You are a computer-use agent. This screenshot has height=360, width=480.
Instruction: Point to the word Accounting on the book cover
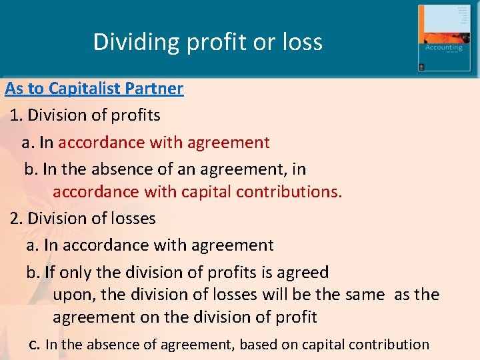444,48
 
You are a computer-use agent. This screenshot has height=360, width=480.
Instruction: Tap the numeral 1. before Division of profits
17,115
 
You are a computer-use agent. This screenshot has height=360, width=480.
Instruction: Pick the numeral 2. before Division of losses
17,219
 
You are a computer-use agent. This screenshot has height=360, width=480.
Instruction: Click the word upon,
75,294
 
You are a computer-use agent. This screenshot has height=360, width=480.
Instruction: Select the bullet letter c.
35,345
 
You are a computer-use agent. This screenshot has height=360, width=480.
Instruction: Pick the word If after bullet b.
51,272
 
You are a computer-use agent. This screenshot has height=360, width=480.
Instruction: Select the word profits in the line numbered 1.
135,115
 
